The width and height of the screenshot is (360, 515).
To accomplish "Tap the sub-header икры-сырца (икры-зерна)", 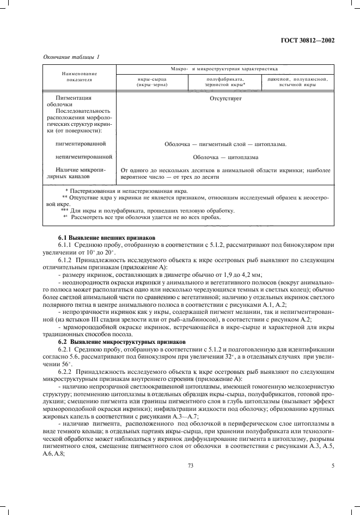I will point(152,82).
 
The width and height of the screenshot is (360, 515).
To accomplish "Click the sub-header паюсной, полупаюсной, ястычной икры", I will point(296,82).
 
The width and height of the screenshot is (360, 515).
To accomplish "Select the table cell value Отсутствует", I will point(225,100).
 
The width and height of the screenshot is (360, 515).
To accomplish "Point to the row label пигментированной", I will point(81,144).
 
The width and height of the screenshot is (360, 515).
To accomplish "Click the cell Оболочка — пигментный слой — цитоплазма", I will point(225,144).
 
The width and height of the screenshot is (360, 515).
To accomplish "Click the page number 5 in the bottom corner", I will point(333,465).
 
